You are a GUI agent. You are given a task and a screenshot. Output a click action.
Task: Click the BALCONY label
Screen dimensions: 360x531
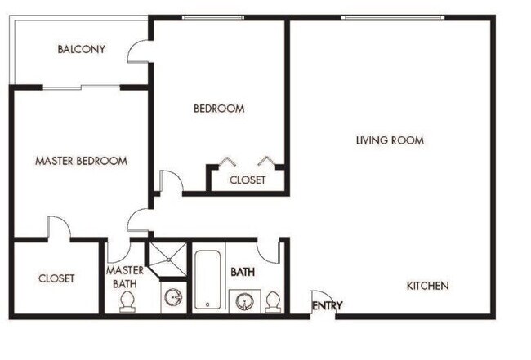coord(81,49)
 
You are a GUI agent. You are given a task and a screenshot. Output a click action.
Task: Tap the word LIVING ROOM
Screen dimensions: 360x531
coord(390,140)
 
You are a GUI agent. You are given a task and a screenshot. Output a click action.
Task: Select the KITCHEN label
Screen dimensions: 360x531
coord(427,286)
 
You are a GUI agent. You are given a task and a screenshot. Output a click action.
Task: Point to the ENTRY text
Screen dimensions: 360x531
coord(327,306)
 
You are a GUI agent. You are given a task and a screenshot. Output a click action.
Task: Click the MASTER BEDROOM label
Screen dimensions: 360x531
coord(81,161)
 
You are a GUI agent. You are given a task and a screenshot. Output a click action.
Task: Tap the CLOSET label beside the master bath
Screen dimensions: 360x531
coord(56,278)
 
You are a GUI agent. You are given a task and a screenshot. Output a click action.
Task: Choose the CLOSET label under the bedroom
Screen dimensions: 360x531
coord(247,180)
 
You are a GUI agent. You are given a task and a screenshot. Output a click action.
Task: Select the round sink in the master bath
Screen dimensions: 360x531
coord(173,296)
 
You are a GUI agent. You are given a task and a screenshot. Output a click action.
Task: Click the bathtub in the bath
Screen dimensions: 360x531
coord(207,278)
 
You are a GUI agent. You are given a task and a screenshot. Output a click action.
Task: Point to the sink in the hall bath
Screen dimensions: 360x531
coord(243,300)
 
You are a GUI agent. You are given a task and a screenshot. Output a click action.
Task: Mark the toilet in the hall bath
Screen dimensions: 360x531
coord(273,301)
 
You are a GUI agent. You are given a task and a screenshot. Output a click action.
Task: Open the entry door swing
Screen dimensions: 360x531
coord(321,299)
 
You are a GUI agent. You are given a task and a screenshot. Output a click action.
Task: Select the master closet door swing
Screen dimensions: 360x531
coord(58,228)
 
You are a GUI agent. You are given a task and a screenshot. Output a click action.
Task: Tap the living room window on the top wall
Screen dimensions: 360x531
coord(392,17)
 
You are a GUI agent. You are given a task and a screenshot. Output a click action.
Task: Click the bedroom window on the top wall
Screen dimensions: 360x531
coord(212,17)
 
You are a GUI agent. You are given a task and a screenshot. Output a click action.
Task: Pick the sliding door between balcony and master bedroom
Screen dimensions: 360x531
coord(81,87)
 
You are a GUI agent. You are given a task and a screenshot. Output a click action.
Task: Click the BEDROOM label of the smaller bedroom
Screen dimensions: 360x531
coord(218,108)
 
